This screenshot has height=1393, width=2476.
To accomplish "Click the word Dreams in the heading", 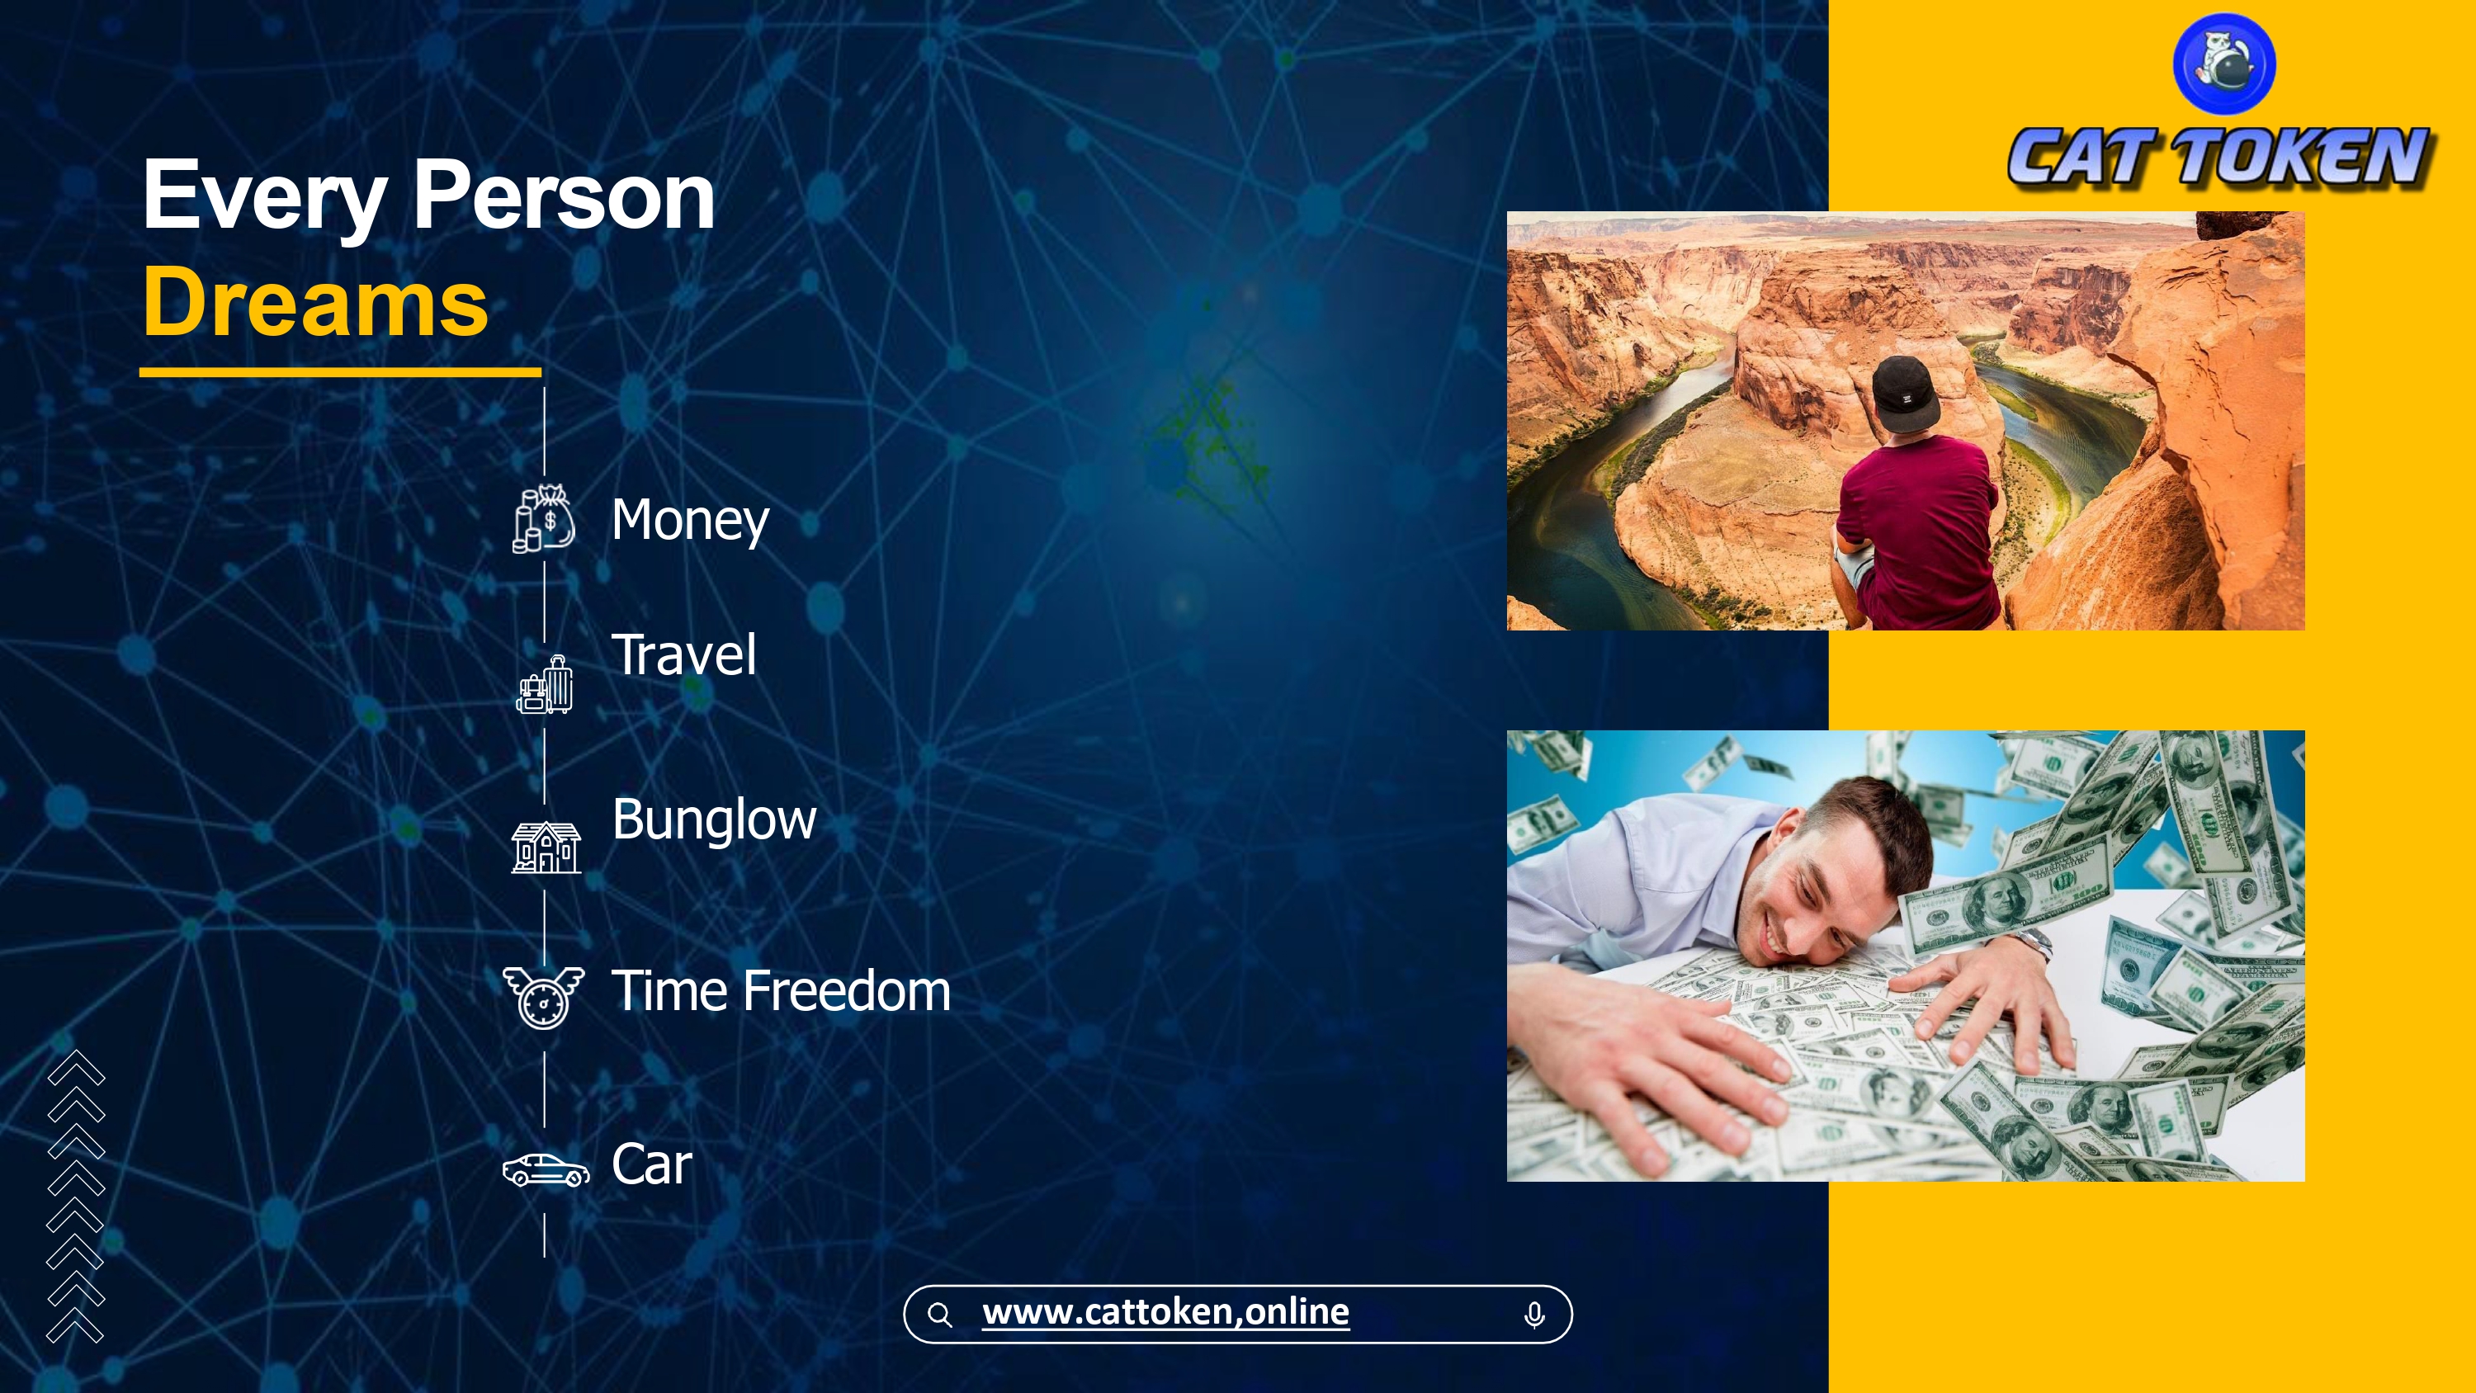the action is (x=316, y=302).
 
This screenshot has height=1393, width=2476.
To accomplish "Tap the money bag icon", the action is (x=544, y=519).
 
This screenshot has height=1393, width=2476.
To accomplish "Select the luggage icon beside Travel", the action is (x=545, y=684).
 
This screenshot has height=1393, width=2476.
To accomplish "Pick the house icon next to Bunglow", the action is (x=546, y=847).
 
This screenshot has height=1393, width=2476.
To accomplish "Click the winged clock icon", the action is (x=544, y=997).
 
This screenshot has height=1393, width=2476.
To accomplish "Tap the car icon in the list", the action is (x=546, y=1170).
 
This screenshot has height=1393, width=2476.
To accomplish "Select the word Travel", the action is (x=683, y=654).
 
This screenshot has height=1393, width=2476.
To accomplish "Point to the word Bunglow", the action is (x=714, y=821).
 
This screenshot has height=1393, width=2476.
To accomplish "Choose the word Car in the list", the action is (x=652, y=1164).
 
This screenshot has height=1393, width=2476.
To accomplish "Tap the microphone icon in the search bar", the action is (x=1534, y=1314).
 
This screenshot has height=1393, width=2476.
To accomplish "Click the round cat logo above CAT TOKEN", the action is (x=2223, y=64).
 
